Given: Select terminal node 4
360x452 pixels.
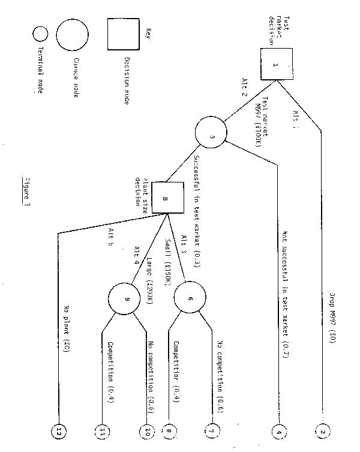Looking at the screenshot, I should point(277,430).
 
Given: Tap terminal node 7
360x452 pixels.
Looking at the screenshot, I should point(211,430).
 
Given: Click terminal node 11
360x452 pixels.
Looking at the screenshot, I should point(103,430).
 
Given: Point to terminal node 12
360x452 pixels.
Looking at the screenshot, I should point(59,430).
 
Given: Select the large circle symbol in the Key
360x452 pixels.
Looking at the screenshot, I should point(72,35).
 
